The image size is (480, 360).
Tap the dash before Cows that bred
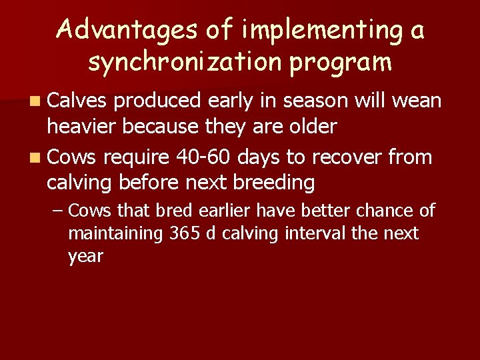59,211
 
